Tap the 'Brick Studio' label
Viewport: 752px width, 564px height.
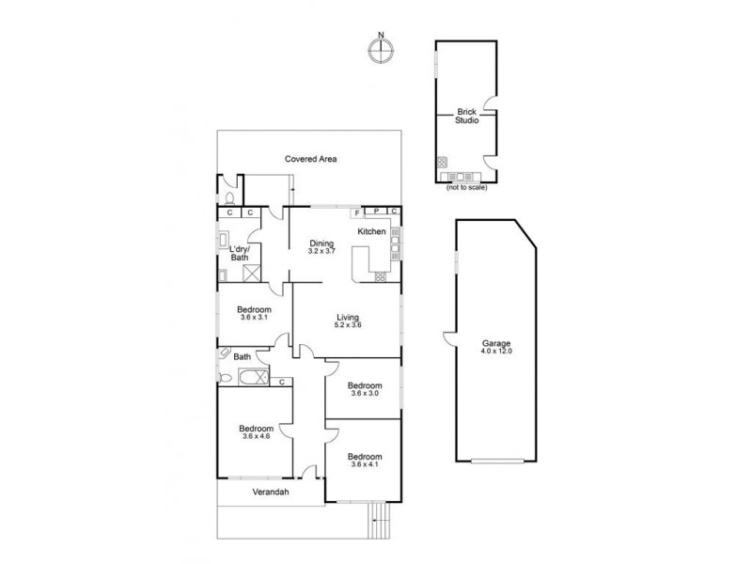pyautogui.click(x=466, y=117)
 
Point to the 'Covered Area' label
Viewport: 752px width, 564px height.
pyautogui.click(x=311, y=159)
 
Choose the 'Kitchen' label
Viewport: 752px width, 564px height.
pyautogui.click(x=371, y=231)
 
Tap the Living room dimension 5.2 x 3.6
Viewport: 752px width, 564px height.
pyautogui.click(x=348, y=325)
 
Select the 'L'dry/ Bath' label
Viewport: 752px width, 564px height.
pyautogui.click(x=239, y=253)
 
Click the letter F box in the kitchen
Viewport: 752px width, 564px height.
pyautogui.click(x=357, y=211)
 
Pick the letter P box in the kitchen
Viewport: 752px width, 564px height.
pyautogui.click(x=376, y=211)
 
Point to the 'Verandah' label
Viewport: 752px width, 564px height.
pyautogui.click(x=270, y=493)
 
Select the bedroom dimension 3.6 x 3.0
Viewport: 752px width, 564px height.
pyautogui.click(x=364, y=392)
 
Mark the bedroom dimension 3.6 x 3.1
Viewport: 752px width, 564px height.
pyautogui.click(x=254, y=317)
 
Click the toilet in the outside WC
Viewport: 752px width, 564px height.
pyautogui.click(x=228, y=198)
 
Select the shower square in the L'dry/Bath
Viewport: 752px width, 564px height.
pyautogui.click(x=252, y=274)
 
